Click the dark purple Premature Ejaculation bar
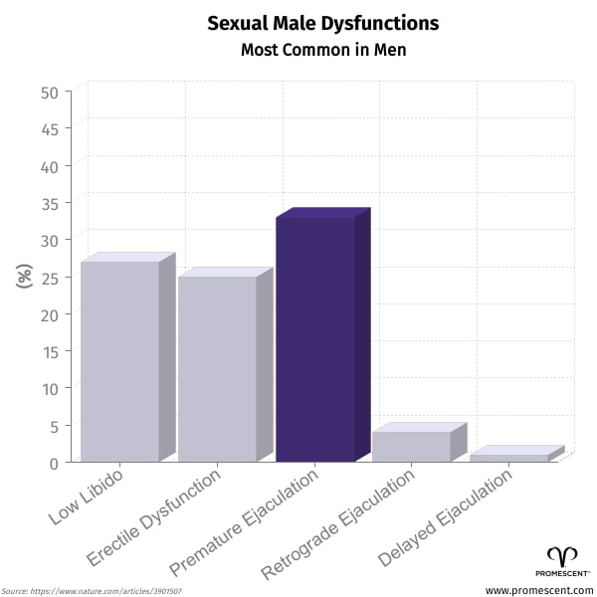tap(315, 338)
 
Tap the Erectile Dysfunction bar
tap(218, 368)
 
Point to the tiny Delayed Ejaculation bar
tap(509, 457)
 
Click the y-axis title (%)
tap(25, 276)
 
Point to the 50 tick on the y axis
tap(49, 92)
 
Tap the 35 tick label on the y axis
tap(49, 203)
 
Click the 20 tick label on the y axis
tap(49, 314)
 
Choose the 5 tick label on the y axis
tap(54, 425)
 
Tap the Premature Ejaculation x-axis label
tap(245, 521)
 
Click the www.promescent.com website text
tap(538, 590)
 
